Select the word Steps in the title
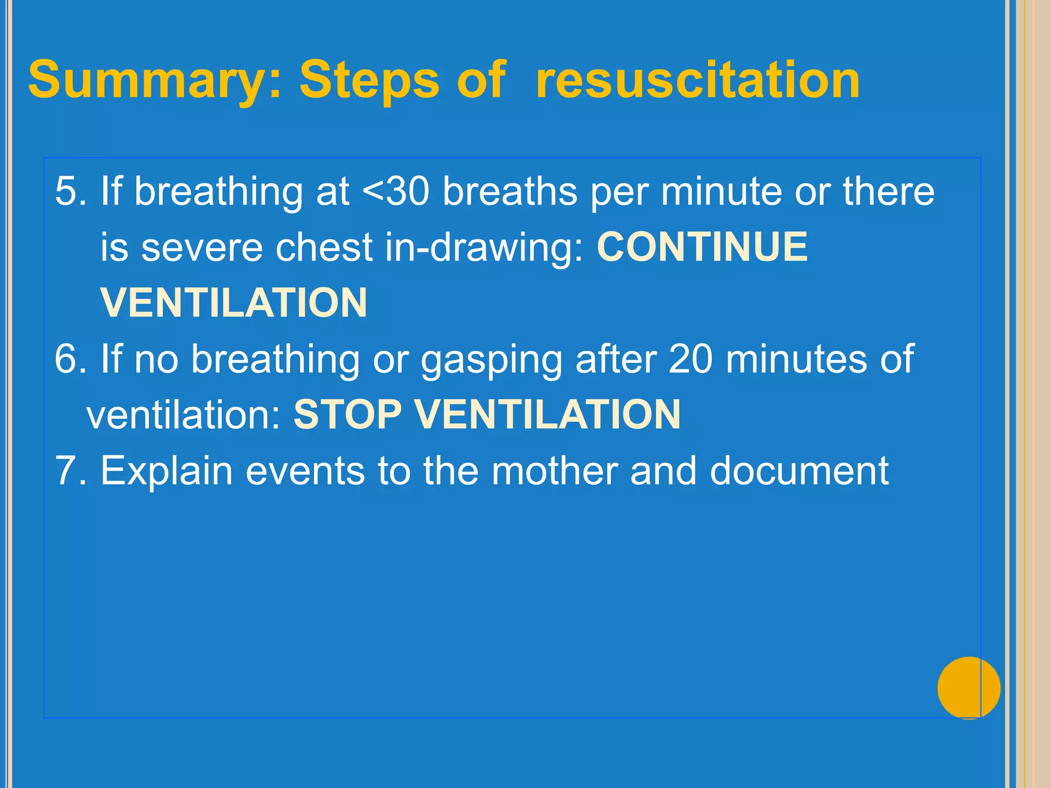tap(369, 81)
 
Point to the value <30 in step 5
tap(396, 191)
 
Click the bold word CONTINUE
tap(702, 247)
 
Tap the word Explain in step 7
tap(166, 471)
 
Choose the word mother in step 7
tap(554, 470)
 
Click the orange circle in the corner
tap(968, 688)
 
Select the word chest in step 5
tap(323, 248)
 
